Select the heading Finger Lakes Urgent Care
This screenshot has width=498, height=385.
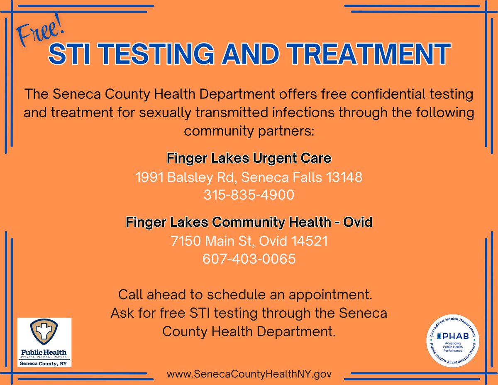[249, 158]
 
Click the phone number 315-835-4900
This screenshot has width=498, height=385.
[249, 195]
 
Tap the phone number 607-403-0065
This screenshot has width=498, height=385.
[249, 259]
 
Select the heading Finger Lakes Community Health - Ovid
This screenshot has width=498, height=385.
[249, 223]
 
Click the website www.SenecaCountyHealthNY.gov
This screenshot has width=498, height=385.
[249, 374]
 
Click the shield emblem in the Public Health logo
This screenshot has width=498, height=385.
[44, 332]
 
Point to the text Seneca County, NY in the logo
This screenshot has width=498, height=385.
[44, 363]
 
